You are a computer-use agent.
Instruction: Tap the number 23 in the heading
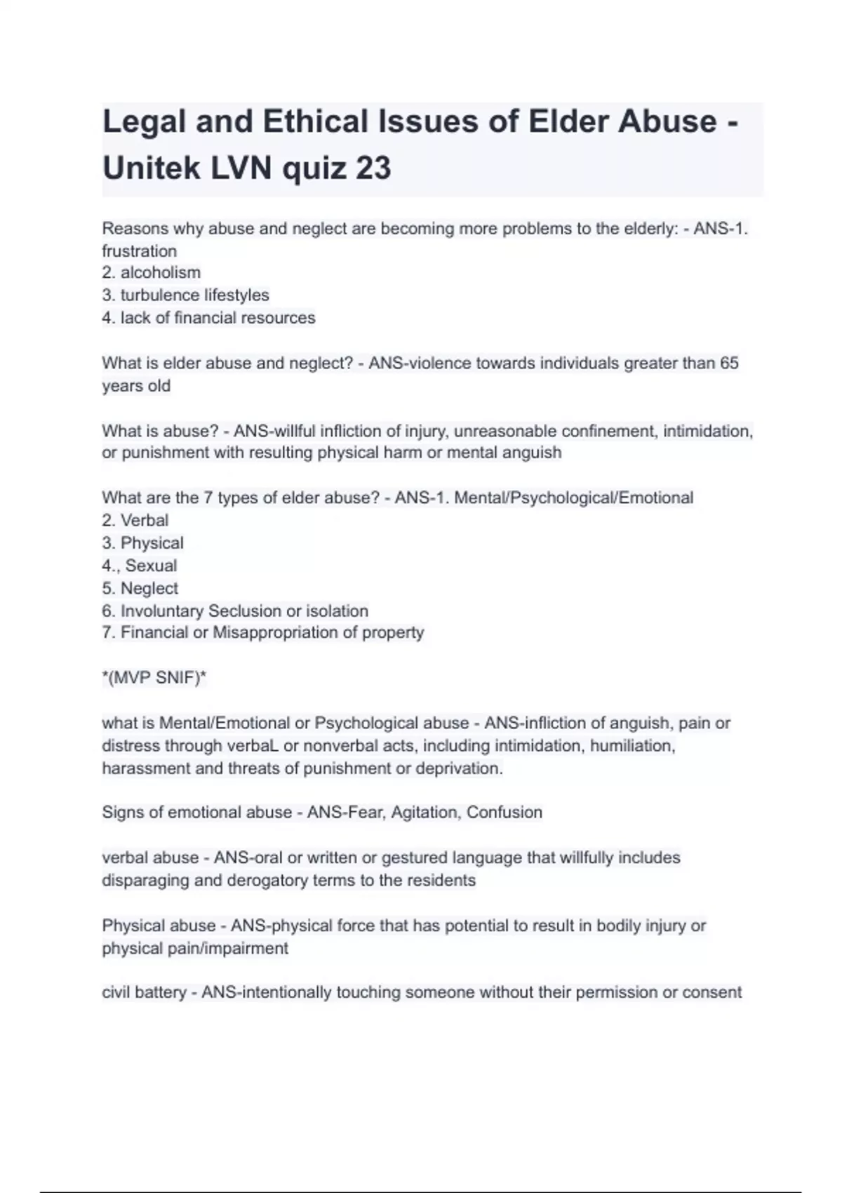pyautogui.click(x=373, y=168)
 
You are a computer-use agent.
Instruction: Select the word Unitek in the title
pyautogui.click(x=147, y=168)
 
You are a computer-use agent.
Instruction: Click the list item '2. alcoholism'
pyautogui.click(x=151, y=272)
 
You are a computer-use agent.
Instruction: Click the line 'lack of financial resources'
pyautogui.click(x=218, y=318)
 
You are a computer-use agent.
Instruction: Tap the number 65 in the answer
pyautogui.click(x=729, y=363)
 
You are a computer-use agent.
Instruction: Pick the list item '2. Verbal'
pyautogui.click(x=135, y=520)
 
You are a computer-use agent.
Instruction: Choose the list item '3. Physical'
pyautogui.click(x=142, y=542)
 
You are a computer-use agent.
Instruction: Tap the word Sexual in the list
pyautogui.click(x=151, y=566)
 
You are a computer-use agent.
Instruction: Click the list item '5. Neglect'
pyautogui.click(x=140, y=588)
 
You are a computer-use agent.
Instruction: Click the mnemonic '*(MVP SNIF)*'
pyautogui.click(x=154, y=678)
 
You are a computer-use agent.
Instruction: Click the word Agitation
pyautogui.click(x=426, y=812)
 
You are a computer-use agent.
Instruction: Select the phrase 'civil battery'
pyautogui.click(x=144, y=992)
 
